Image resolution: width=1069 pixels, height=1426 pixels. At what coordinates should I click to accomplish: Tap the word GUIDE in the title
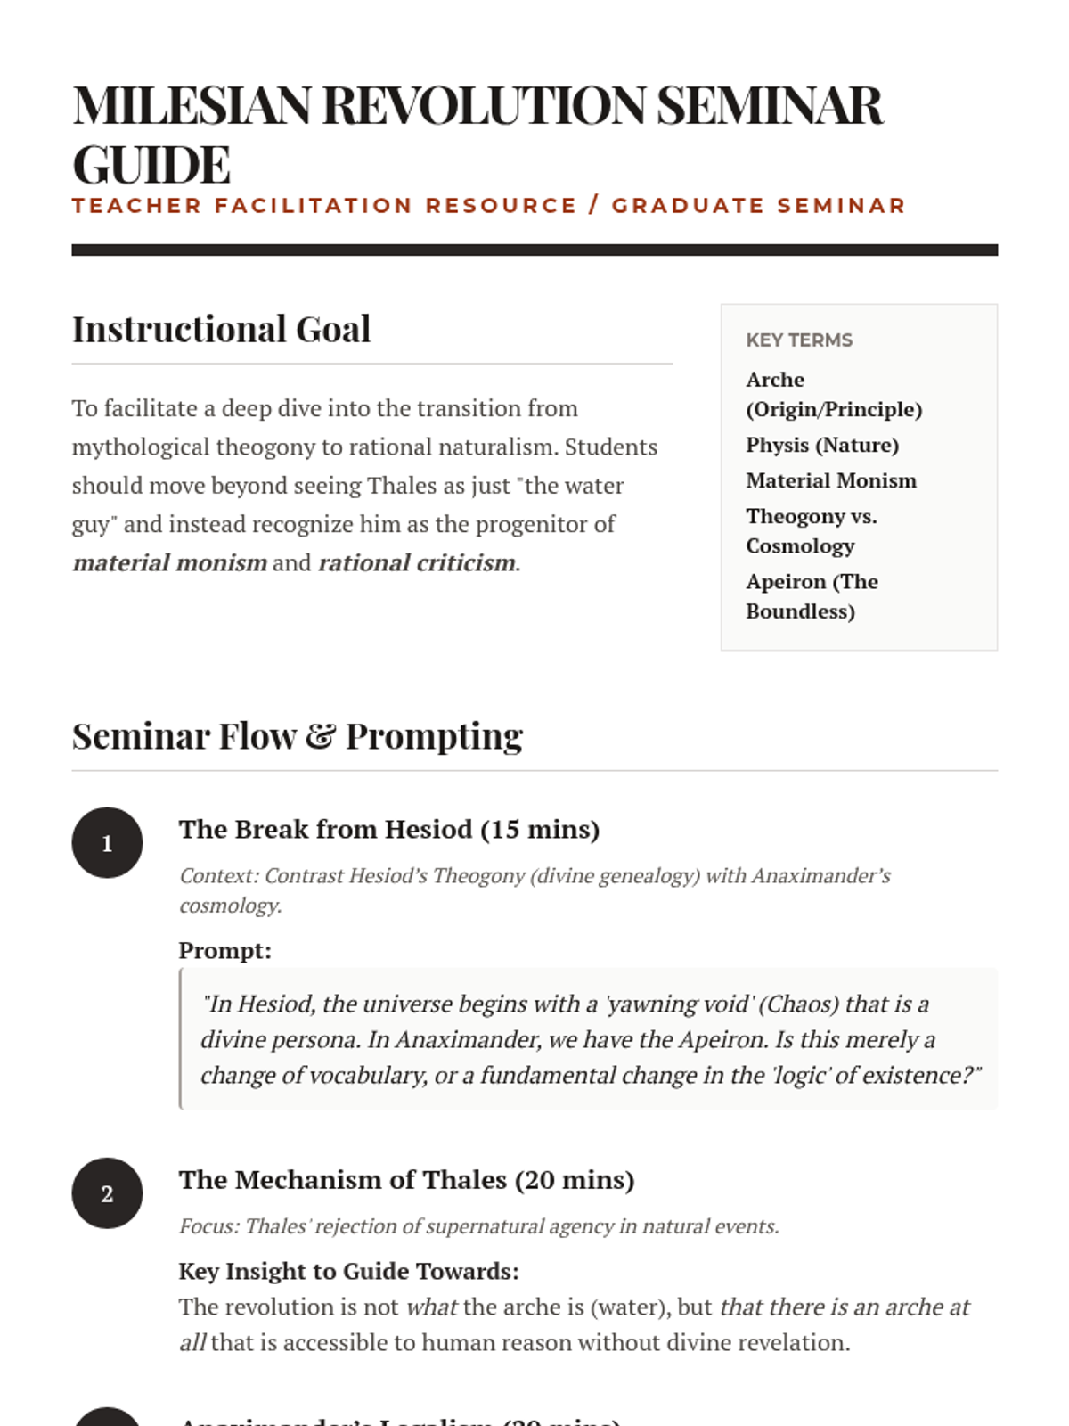(x=151, y=165)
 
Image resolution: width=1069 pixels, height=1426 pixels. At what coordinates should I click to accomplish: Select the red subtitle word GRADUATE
(x=688, y=206)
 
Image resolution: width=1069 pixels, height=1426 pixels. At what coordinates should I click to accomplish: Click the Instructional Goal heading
(x=221, y=329)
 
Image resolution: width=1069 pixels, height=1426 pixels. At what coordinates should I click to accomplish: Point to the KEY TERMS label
(x=799, y=340)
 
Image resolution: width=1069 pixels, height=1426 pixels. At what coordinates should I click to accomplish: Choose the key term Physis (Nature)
(x=822, y=445)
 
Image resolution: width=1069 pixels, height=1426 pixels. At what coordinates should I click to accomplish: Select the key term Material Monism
(x=831, y=480)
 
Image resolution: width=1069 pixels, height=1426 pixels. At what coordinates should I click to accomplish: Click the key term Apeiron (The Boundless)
(x=812, y=596)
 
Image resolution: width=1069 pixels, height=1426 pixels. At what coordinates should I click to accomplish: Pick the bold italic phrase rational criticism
(x=417, y=563)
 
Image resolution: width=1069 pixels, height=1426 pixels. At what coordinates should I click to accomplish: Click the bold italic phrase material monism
(x=170, y=563)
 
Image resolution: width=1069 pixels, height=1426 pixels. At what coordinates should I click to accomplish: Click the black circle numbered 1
(x=107, y=842)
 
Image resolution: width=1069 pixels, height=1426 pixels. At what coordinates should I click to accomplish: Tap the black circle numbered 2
(x=107, y=1193)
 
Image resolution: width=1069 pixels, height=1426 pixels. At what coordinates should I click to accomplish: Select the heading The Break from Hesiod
(x=388, y=829)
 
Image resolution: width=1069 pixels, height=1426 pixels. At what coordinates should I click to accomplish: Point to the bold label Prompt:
(x=224, y=950)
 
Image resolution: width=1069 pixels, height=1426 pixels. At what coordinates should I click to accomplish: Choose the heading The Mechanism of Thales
(x=406, y=1180)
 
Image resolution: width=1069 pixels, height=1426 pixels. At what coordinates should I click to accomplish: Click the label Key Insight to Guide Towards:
(x=348, y=1271)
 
